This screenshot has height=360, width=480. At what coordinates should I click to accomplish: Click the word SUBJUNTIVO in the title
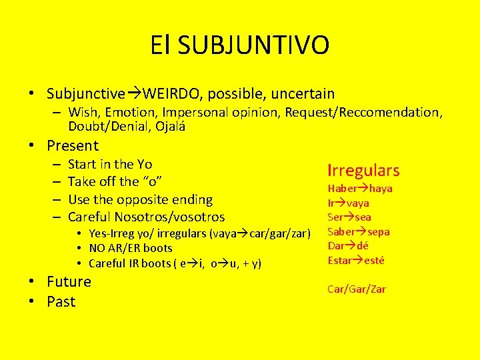tap(253, 45)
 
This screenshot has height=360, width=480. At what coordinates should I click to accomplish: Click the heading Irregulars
tap(363, 170)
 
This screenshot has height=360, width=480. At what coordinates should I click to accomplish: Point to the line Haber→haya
tap(360, 189)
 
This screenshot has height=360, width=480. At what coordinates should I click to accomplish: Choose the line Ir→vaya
tap(348, 203)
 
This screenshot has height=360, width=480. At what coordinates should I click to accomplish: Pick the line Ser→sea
tap(349, 217)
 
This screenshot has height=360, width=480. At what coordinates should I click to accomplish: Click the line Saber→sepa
tap(359, 231)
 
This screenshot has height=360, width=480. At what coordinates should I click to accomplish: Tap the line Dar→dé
tap(348, 246)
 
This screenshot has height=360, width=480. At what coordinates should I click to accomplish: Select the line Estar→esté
tap(356, 260)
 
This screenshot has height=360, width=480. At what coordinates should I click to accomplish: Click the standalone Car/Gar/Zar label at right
tap(357, 289)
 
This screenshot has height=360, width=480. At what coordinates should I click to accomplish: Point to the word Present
tap(73, 145)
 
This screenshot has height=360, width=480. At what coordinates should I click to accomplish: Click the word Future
tap(69, 281)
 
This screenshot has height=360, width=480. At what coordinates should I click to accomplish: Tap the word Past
tap(61, 301)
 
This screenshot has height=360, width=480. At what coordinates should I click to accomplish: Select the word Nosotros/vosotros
tap(169, 217)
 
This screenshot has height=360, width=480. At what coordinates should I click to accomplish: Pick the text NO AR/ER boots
tap(131, 248)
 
